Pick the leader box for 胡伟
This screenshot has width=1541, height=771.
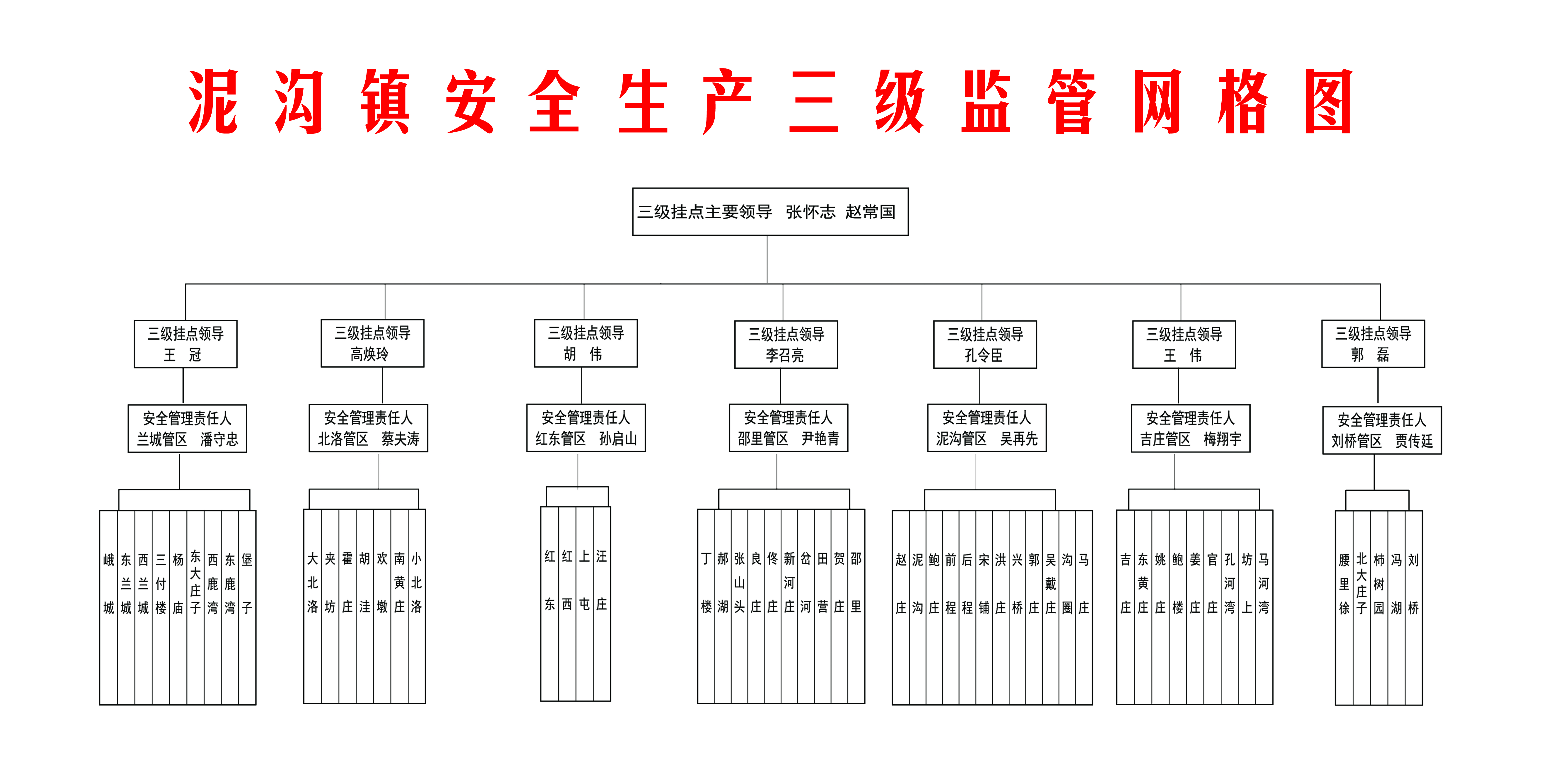click(586, 343)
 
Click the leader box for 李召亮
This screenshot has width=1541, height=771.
click(786, 344)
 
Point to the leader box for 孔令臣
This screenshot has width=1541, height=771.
click(985, 344)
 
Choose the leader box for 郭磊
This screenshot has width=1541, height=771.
click(1373, 344)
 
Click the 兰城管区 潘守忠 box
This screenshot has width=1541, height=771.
click(187, 429)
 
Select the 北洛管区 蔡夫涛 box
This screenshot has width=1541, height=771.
click(369, 428)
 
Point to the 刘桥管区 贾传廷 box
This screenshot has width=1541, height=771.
click(1382, 430)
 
